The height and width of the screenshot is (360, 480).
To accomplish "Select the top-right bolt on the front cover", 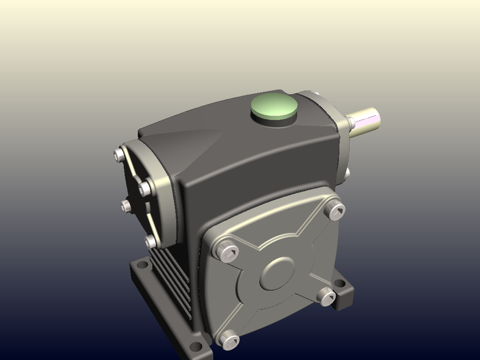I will (335, 210).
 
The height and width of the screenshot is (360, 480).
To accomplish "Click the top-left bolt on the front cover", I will (226, 251).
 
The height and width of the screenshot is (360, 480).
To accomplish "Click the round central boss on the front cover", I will (277, 274).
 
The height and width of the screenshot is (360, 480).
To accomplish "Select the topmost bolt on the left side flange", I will (119, 155).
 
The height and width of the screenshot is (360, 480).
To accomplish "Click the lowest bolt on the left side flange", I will (150, 242).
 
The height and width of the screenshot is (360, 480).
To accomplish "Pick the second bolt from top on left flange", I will (145, 188).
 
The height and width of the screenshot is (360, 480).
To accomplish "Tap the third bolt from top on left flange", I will (126, 206).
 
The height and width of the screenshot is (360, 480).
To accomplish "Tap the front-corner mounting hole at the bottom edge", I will (195, 346).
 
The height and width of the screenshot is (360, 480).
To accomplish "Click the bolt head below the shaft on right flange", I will (347, 172).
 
